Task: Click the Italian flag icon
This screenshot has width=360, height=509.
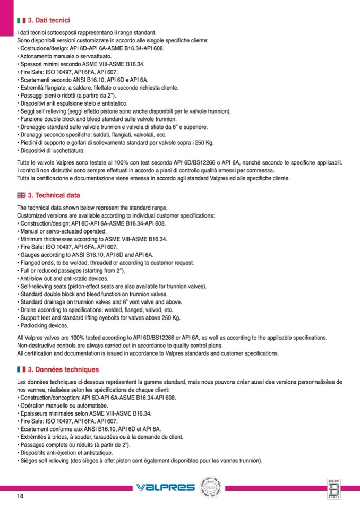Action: click(x=22, y=20)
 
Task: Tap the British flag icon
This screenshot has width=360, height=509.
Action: click(x=22, y=195)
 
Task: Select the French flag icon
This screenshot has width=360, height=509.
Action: click(x=22, y=369)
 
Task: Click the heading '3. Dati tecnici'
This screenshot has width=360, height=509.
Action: click(x=49, y=20)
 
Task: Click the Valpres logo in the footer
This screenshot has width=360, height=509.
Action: click(x=165, y=487)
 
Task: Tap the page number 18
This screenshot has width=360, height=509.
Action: click(x=20, y=496)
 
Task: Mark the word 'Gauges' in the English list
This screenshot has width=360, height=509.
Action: click(x=29, y=255)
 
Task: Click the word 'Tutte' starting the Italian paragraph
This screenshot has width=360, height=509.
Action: click(x=24, y=162)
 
